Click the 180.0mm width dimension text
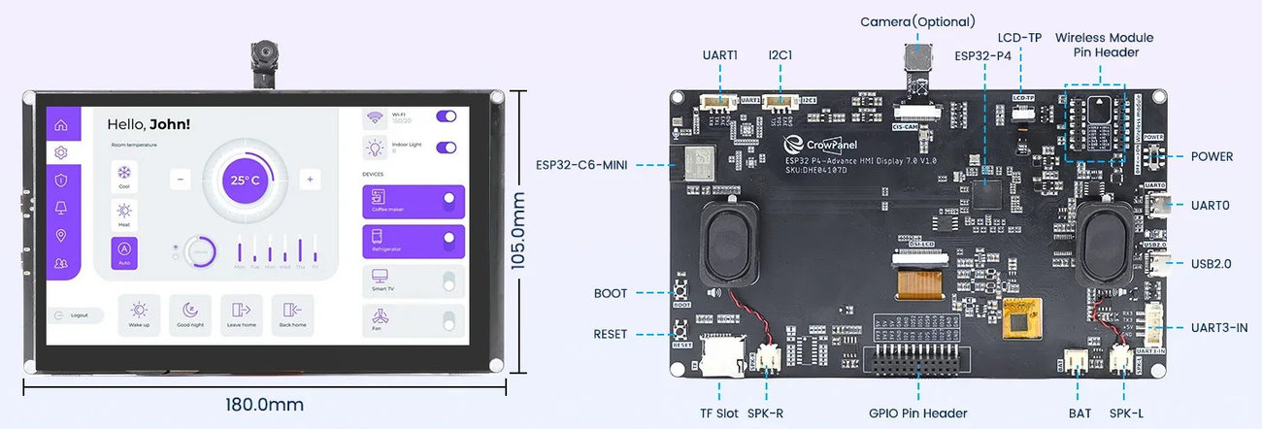coord(264,404)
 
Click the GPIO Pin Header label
coord(917,413)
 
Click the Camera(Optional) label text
coord(917,21)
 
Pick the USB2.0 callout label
coord(1212,263)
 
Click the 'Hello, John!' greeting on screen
coord(149,124)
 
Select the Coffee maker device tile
coord(413,202)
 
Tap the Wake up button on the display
coord(139,314)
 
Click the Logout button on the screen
coord(75,315)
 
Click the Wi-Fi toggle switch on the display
coord(447,116)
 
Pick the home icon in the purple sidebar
coord(61,124)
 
